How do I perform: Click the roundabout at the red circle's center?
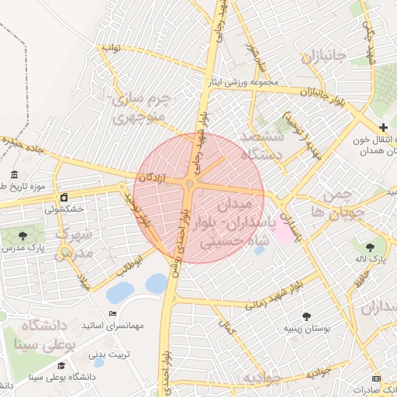(x=190, y=184)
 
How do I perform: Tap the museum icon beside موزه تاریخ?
(x=14, y=174)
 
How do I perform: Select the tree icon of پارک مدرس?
(x=21, y=235)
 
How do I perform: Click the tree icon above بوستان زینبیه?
(x=307, y=316)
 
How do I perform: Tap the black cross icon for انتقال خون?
(x=383, y=126)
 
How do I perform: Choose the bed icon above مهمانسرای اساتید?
(x=113, y=313)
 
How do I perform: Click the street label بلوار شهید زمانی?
(x=271, y=298)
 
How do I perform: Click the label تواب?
(x=113, y=48)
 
